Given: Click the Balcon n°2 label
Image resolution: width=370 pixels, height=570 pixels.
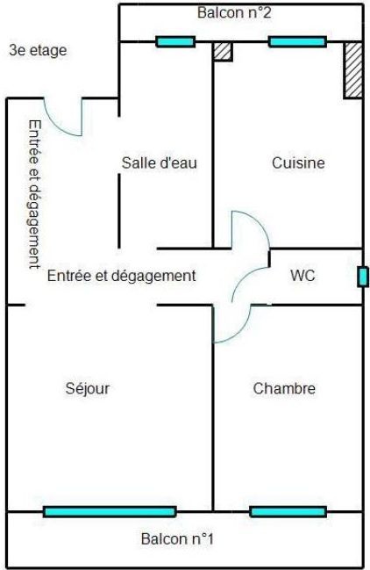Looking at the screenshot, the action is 234,12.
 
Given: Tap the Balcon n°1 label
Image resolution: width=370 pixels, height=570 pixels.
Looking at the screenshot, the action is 177,538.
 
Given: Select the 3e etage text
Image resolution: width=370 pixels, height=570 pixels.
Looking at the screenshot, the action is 38,51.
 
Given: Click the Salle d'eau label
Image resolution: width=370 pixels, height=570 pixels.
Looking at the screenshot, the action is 160,162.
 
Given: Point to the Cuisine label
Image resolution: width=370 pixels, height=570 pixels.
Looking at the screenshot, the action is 298,162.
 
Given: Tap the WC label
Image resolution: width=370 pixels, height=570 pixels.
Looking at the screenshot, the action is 302,275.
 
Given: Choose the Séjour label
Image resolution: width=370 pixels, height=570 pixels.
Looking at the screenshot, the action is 88,388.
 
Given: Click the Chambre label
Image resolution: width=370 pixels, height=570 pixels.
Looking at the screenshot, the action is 284,388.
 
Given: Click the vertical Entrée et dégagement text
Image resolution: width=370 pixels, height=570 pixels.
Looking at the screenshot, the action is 34,194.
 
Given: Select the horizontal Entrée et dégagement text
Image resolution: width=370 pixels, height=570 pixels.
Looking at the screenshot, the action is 122,276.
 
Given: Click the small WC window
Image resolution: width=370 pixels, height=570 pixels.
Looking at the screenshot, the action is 362,277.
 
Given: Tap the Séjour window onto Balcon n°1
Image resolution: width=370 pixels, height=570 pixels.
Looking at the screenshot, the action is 110,512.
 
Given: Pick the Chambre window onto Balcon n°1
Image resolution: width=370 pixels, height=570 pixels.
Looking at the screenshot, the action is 288,512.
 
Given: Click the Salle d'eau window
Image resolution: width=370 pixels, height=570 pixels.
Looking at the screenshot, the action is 175,42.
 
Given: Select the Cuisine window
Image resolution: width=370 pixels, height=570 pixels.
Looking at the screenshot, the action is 297,42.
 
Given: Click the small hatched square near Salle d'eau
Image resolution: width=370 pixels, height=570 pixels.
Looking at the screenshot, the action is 223,52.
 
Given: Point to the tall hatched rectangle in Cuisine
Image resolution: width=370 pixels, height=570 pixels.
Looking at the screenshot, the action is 353,70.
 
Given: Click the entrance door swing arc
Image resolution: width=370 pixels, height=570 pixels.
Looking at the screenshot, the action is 58,126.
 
